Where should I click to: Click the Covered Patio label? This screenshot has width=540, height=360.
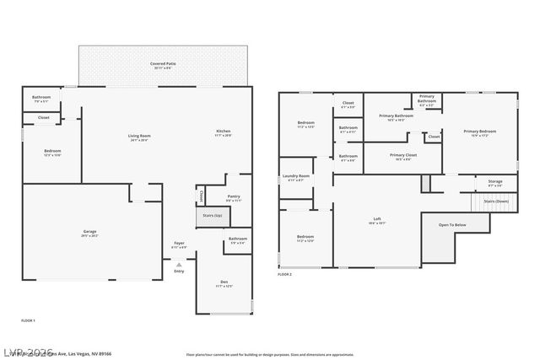pyautogui.click(x=162, y=63)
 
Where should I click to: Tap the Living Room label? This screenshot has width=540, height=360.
pyautogui.click(x=139, y=136)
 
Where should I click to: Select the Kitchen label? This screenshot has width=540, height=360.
pyautogui.click(x=223, y=132)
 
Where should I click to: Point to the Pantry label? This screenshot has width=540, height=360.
pyautogui.click(x=234, y=196)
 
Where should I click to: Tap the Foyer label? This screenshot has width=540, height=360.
pyautogui.click(x=179, y=244)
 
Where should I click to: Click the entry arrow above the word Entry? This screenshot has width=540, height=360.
pyautogui.click(x=179, y=264)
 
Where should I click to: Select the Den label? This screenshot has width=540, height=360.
pyautogui.click(x=224, y=282)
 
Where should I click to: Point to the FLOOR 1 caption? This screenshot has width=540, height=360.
pyautogui.click(x=28, y=321)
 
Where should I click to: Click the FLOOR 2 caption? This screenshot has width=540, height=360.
pyautogui.click(x=284, y=275)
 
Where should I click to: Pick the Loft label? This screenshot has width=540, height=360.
pyautogui.click(x=377, y=220)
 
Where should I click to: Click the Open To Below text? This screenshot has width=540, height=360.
pyautogui.click(x=451, y=225)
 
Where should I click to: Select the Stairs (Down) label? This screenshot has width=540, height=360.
pyautogui.click(x=495, y=202)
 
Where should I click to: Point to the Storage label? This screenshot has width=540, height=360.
pyautogui.click(x=494, y=181)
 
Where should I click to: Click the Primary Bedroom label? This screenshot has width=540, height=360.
pyautogui.click(x=479, y=131)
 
